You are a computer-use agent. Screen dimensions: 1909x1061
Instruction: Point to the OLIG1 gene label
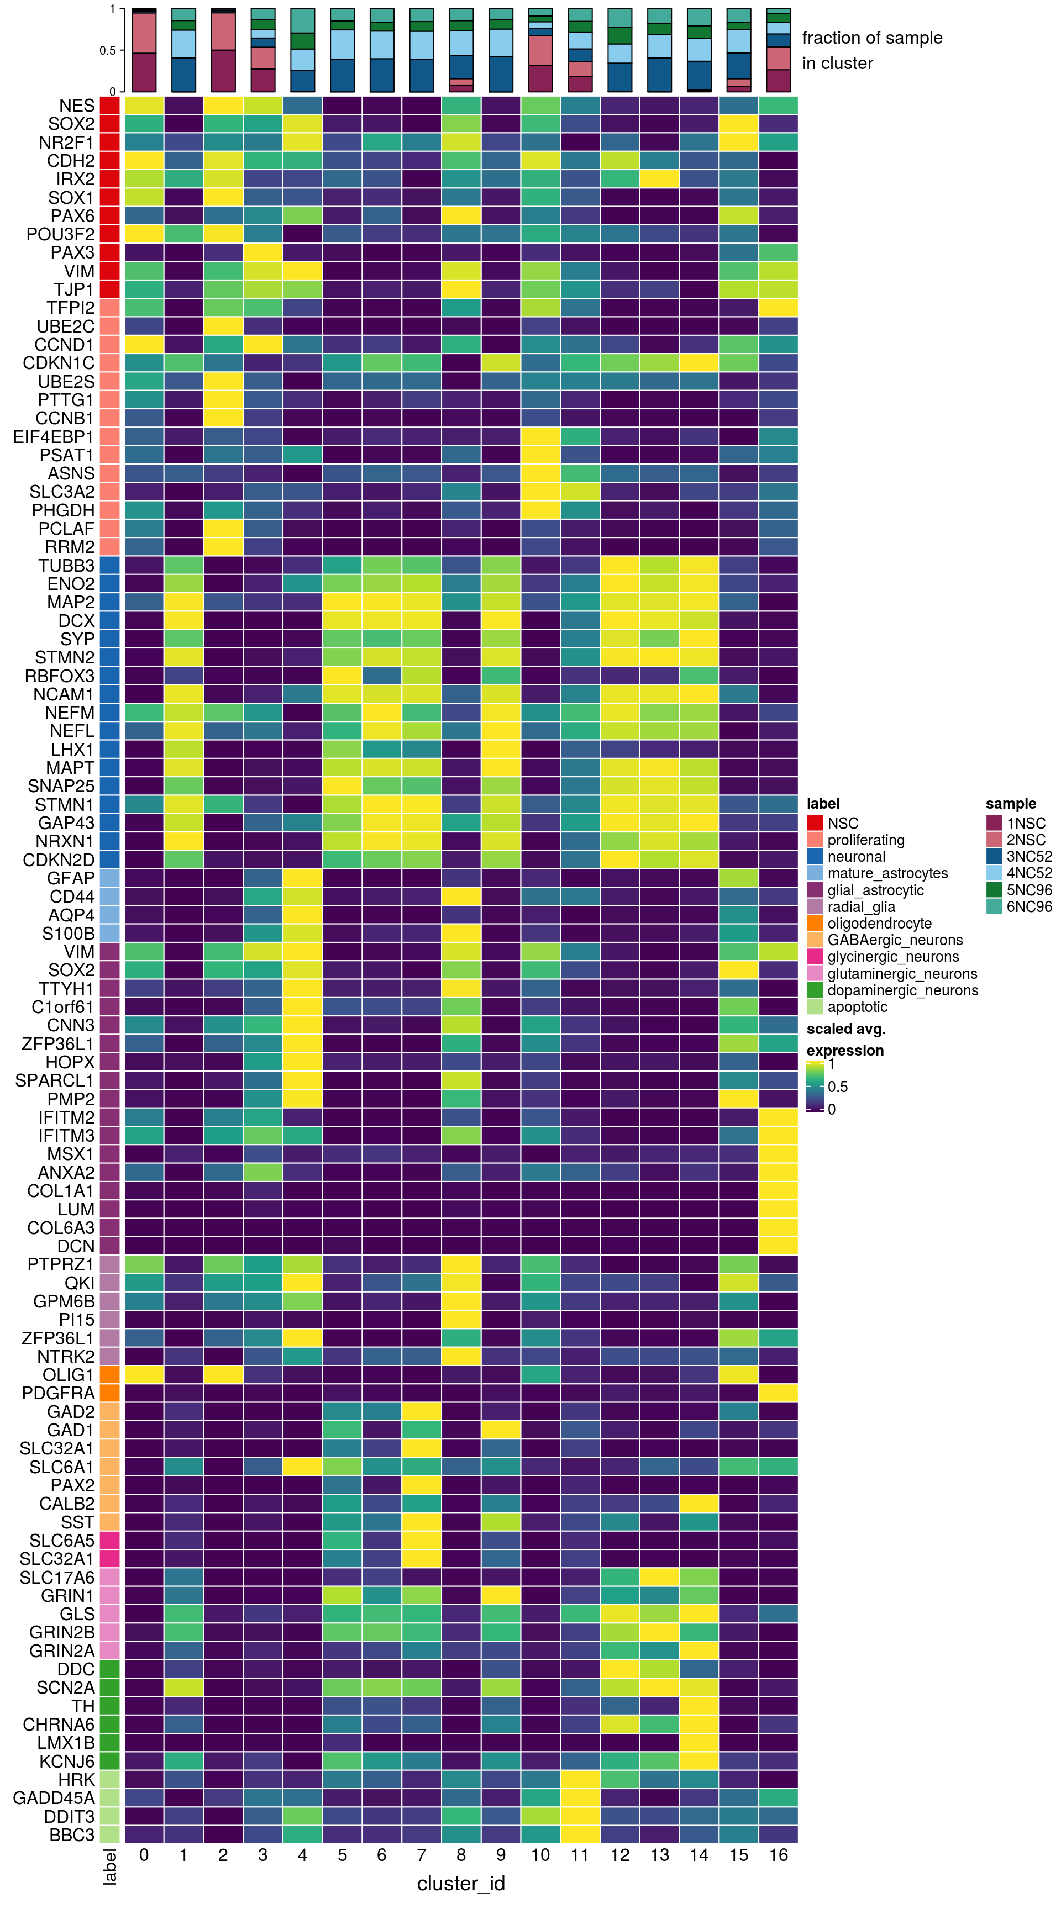pos(68,1375)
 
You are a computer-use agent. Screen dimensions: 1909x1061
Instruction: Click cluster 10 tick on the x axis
pos(540,1855)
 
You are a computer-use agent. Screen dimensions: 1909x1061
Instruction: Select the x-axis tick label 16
pos(779,1855)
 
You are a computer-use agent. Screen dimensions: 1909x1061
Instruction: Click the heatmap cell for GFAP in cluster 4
pos(302,878)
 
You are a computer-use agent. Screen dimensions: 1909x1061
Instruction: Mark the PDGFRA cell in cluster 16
pos(779,1393)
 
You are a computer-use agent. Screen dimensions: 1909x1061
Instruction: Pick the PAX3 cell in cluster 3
pos(262,252)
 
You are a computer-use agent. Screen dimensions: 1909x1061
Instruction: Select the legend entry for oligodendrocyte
pos(879,924)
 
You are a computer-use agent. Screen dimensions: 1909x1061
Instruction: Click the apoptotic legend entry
pos(857,1006)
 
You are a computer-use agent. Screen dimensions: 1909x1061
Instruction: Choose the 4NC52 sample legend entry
pos(1029,873)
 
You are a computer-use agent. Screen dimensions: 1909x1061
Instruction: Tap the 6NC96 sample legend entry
pos(1029,906)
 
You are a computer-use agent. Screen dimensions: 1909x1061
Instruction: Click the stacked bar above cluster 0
pos(144,50)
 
